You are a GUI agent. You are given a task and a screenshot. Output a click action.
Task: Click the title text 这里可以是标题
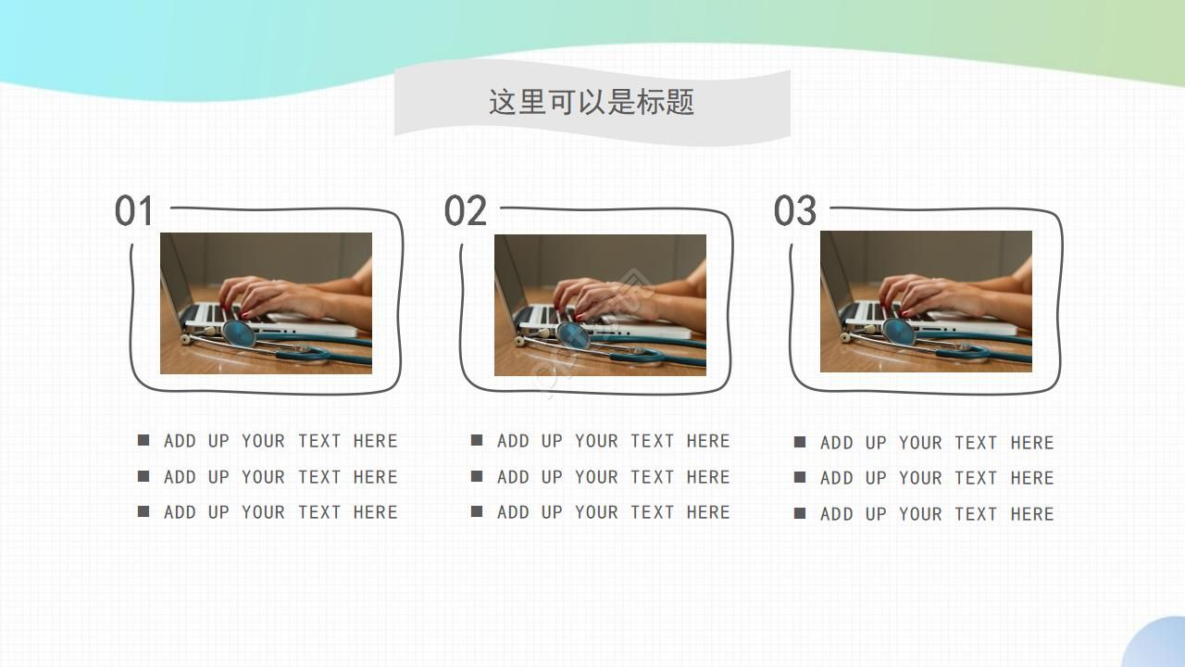[592, 102]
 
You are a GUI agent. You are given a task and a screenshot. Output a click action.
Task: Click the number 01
[134, 211]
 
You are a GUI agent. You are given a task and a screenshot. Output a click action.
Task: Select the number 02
[465, 211]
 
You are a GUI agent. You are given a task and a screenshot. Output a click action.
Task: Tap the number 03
[795, 211]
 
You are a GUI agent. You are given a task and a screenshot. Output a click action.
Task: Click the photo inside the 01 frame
[266, 303]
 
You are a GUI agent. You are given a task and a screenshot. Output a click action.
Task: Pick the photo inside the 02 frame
[600, 305]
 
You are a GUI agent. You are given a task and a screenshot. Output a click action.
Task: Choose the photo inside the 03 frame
[926, 301]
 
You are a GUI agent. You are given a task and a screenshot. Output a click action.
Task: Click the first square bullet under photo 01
[143, 440]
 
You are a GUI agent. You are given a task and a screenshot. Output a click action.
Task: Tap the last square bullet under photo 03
[800, 513]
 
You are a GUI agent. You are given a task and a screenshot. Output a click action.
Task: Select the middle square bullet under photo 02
[477, 476]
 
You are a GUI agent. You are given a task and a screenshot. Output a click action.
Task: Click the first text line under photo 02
[613, 441]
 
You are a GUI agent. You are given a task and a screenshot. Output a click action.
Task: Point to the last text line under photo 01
[280, 512]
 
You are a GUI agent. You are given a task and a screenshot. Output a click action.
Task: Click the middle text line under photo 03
[937, 478]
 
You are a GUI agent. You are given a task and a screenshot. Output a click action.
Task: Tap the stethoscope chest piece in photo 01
[238, 332]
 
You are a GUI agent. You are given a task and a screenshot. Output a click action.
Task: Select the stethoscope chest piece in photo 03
[898, 330]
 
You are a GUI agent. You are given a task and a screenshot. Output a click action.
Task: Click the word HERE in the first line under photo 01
[375, 441]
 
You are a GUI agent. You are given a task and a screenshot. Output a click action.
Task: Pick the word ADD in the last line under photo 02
[513, 512]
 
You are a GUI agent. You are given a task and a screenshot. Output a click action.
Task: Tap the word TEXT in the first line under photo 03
[976, 443]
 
